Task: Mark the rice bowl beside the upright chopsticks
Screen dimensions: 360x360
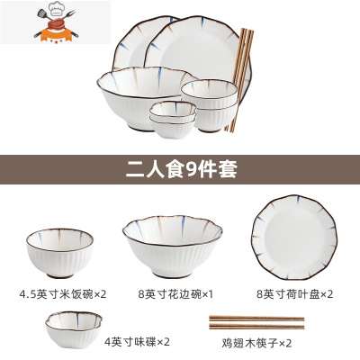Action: [207, 101]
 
